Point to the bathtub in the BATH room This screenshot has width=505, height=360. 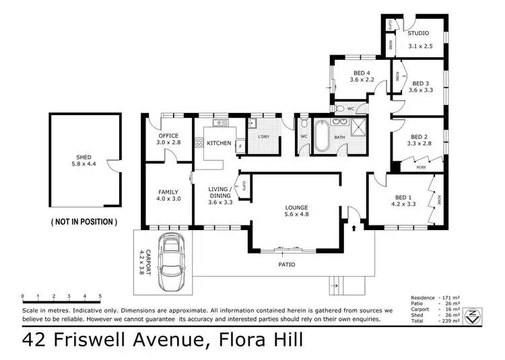point(320,135)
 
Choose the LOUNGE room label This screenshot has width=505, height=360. point(296,207)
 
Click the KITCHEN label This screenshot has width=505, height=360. point(219,143)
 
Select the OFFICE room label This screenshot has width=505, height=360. point(168,135)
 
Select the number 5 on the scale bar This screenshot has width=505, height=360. point(100,296)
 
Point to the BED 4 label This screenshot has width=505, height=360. point(362,73)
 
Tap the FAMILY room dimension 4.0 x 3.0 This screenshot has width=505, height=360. point(168,199)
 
